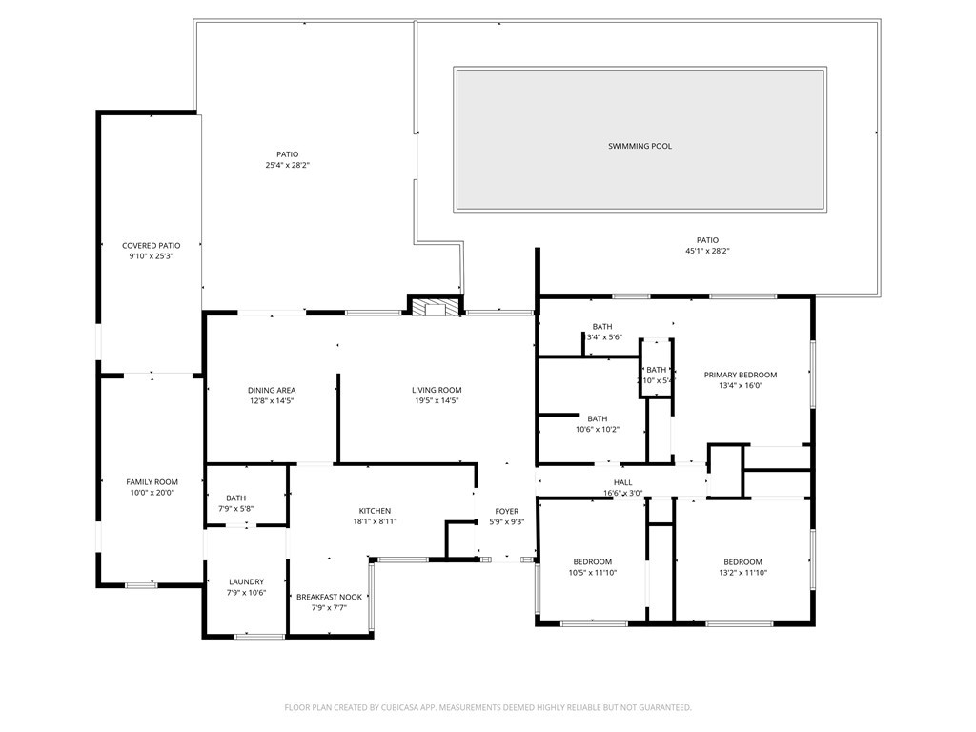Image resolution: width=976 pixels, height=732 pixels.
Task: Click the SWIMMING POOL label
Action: [640, 146]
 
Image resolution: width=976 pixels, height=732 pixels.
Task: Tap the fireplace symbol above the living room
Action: [435, 307]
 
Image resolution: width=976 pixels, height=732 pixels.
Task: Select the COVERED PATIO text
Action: [151, 246]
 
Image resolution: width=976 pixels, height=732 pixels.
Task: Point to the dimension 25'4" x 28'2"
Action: [288, 165]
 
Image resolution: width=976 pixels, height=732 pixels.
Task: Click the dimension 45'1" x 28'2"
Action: [707, 251]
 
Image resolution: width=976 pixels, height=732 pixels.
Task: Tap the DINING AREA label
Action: [272, 390]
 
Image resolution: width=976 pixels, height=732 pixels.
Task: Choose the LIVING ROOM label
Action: [437, 390]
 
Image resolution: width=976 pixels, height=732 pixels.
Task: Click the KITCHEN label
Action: [375, 511]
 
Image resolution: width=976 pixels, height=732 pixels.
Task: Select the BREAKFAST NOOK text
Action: [329, 597]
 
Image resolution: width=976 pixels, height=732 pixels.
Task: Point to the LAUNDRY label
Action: [246, 581]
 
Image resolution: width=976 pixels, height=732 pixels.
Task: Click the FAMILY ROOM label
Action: [152, 482]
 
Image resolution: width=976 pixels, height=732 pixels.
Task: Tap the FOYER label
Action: [506, 512]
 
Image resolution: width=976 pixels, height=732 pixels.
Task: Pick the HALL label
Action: [623, 482]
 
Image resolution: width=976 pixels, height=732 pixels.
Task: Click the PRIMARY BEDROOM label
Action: [741, 375]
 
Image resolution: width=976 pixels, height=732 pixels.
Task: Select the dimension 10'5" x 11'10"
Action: [593, 573]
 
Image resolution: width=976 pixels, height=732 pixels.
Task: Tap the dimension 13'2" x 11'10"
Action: [742, 573]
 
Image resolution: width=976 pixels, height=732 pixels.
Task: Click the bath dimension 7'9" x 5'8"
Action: [236, 509]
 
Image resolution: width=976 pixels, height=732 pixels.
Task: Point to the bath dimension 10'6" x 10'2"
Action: [598, 429]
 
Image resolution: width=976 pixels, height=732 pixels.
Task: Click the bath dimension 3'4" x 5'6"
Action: [604, 337]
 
